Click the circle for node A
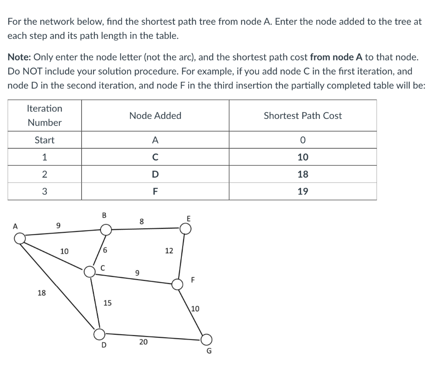pos(20,239)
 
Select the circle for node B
pos(106,230)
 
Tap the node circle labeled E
pos(185,229)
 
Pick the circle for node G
pos(206,339)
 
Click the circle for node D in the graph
pos(99,333)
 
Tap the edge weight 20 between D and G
pos(143,342)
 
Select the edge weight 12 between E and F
pos(169,251)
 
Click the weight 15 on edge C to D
pos(108,303)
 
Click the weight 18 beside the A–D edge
pos(42,293)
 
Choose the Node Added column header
pos(155,115)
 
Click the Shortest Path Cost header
pos(303,115)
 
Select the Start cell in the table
pos(45,140)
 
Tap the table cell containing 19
pos(303,191)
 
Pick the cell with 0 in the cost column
pos(303,140)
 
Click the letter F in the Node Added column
pos(155,191)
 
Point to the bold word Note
pos(19,57)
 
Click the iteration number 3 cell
pos(45,191)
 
